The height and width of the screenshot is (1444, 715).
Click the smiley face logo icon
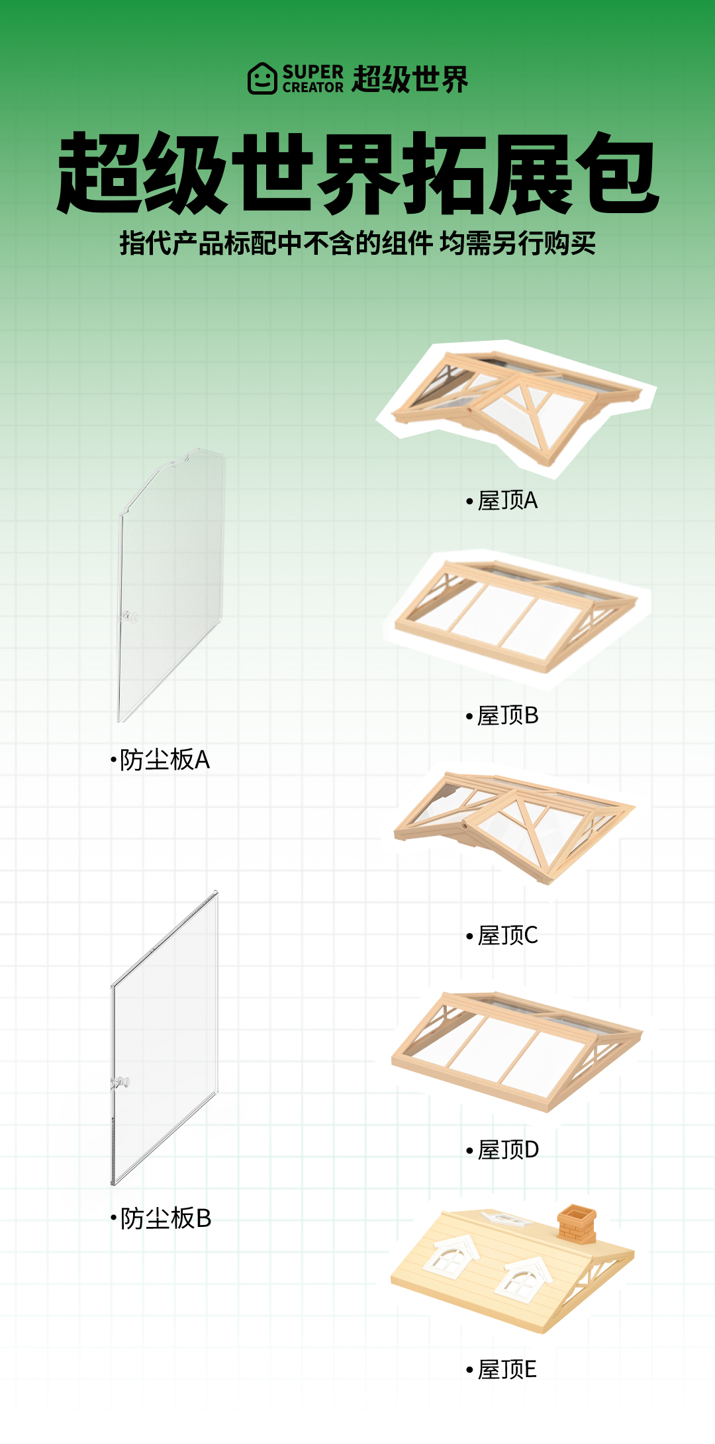click(262, 79)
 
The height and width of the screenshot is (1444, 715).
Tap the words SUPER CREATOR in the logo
click(313, 79)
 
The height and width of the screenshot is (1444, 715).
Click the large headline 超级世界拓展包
click(358, 173)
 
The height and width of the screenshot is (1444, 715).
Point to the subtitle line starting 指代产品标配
click(358, 244)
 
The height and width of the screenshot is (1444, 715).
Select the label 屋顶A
click(507, 501)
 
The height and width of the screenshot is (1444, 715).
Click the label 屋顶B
click(507, 715)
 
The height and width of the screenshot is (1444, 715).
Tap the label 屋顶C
click(507, 936)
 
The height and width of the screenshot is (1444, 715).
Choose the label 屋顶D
click(507, 1150)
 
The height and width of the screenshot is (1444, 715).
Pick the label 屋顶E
click(506, 1369)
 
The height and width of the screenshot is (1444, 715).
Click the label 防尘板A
click(164, 760)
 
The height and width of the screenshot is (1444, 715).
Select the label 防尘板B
click(165, 1218)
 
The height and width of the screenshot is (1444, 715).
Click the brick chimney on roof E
click(577, 1224)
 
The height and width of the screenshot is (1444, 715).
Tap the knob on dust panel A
click(129, 617)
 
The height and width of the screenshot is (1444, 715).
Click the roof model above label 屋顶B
click(516, 615)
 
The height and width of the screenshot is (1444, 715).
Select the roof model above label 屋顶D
click(516, 1049)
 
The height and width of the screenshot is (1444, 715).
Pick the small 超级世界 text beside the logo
click(410, 79)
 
